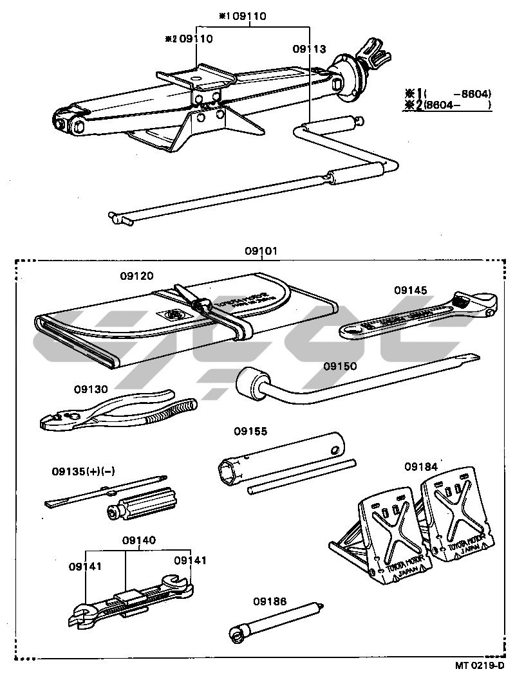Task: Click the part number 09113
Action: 309,49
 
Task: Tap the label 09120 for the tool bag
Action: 136,276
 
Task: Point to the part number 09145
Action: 411,290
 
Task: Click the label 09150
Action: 340,366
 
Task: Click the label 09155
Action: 250,431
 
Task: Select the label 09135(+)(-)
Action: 83,472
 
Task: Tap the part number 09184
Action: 421,466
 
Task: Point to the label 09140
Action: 139,540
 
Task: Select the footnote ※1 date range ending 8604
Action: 447,93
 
